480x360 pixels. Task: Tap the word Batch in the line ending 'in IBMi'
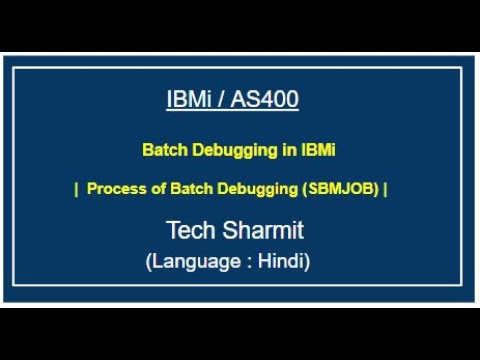(x=163, y=151)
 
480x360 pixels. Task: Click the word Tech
(x=190, y=231)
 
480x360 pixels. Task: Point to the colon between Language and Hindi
(x=248, y=263)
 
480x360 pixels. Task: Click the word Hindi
(x=281, y=262)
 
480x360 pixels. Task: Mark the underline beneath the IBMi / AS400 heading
(x=232, y=111)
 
